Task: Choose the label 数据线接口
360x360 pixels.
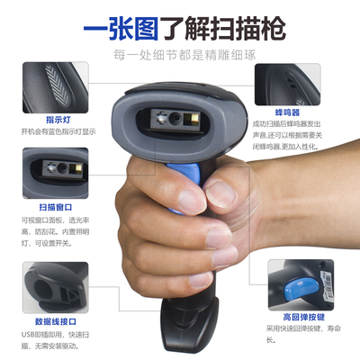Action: coord(56,319)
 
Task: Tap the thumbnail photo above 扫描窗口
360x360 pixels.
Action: coord(56,170)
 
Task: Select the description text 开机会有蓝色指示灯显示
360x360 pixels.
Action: coord(58,130)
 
